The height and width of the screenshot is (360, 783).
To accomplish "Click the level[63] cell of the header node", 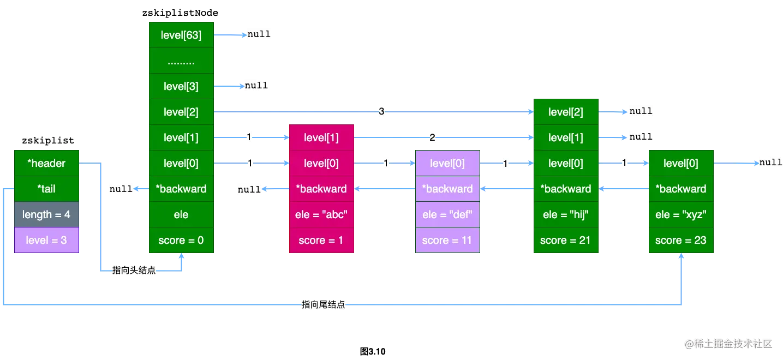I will [x=181, y=35].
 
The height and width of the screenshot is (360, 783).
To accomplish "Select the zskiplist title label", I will [x=48, y=140].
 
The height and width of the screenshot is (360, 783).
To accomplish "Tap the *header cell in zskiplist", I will [x=47, y=163].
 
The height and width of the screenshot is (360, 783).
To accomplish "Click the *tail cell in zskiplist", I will [x=47, y=189].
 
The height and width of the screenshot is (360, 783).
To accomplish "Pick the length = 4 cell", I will [x=47, y=214].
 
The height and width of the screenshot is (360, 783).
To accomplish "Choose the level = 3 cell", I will [x=47, y=240].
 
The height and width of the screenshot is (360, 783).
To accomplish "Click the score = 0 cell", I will [x=181, y=240].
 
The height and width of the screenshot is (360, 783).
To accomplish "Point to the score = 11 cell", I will [x=447, y=240].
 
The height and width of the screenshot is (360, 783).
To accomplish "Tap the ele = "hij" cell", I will [x=566, y=214].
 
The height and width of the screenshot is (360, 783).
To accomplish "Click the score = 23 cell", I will [x=680, y=240].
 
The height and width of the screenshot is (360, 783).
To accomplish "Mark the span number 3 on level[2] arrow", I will [x=381, y=112].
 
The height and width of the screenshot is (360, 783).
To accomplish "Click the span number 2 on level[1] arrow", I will [x=432, y=137].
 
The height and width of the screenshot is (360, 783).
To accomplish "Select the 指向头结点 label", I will [x=134, y=271].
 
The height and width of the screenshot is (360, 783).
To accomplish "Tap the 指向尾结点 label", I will [x=324, y=304].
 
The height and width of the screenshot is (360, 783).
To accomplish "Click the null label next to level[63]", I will [x=259, y=34].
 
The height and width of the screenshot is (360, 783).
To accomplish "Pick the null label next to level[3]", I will [x=256, y=85].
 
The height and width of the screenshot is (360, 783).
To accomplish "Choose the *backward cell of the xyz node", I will [x=680, y=189].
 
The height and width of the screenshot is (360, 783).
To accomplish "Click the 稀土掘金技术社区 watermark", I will [x=728, y=343].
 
